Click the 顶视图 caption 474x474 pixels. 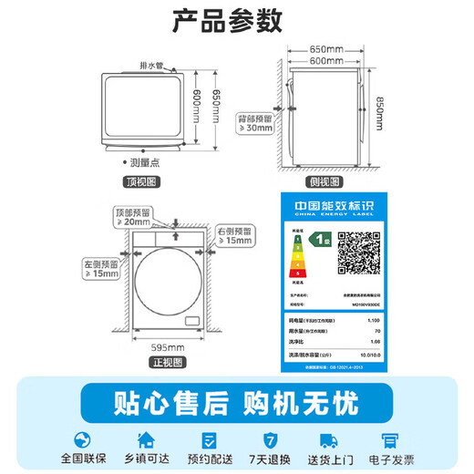[x=146, y=182]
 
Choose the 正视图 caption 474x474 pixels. [x=170, y=363]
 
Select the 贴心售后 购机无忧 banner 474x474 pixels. [x=236, y=402]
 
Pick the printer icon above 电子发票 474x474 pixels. [x=393, y=438]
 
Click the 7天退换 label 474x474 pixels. [x=268, y=461]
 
